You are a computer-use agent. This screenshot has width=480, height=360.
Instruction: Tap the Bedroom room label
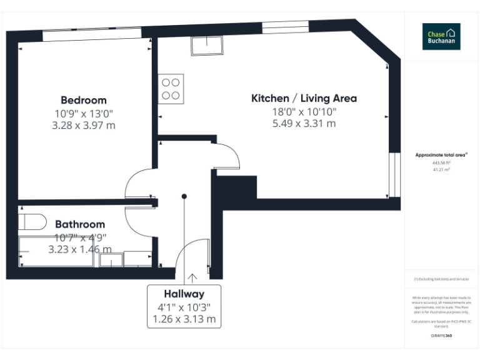pos(84,100)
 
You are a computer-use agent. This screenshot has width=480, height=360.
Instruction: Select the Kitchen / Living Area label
pos(304,98)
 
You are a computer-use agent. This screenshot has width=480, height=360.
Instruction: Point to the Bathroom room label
pos(80,224)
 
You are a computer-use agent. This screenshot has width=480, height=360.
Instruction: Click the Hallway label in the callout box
pos(184,294)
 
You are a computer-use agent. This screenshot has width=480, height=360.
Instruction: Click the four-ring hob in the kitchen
pos(171,89)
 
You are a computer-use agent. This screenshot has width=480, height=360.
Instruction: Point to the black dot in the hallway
pos(184,196)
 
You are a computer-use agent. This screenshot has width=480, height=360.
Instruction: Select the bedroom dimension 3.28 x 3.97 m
pos(84,126)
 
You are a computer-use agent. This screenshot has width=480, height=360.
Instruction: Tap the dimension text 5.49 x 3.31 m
pos(304,124)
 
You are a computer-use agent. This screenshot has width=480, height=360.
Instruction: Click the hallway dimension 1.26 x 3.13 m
pos(184,319)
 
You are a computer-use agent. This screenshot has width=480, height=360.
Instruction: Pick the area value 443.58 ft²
pos(442,162)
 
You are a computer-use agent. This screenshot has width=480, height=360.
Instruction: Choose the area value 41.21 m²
pos(442,169)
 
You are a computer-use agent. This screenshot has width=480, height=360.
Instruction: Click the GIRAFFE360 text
pos(442,336)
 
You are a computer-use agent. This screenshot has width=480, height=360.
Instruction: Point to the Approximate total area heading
pos(441,154)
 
